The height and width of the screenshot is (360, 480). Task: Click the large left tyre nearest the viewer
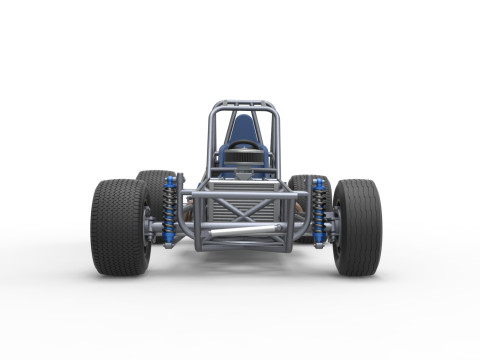[119, 227]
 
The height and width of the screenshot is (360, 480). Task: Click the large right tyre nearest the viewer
[357, 227]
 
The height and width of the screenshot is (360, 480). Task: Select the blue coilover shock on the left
[169, 211]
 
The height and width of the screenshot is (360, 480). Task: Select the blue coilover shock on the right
[318, 211]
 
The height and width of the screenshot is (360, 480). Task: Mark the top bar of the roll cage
[243, 103]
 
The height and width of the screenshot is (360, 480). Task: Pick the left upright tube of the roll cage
[211, 140]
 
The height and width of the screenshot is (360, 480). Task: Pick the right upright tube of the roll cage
[276, 140]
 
